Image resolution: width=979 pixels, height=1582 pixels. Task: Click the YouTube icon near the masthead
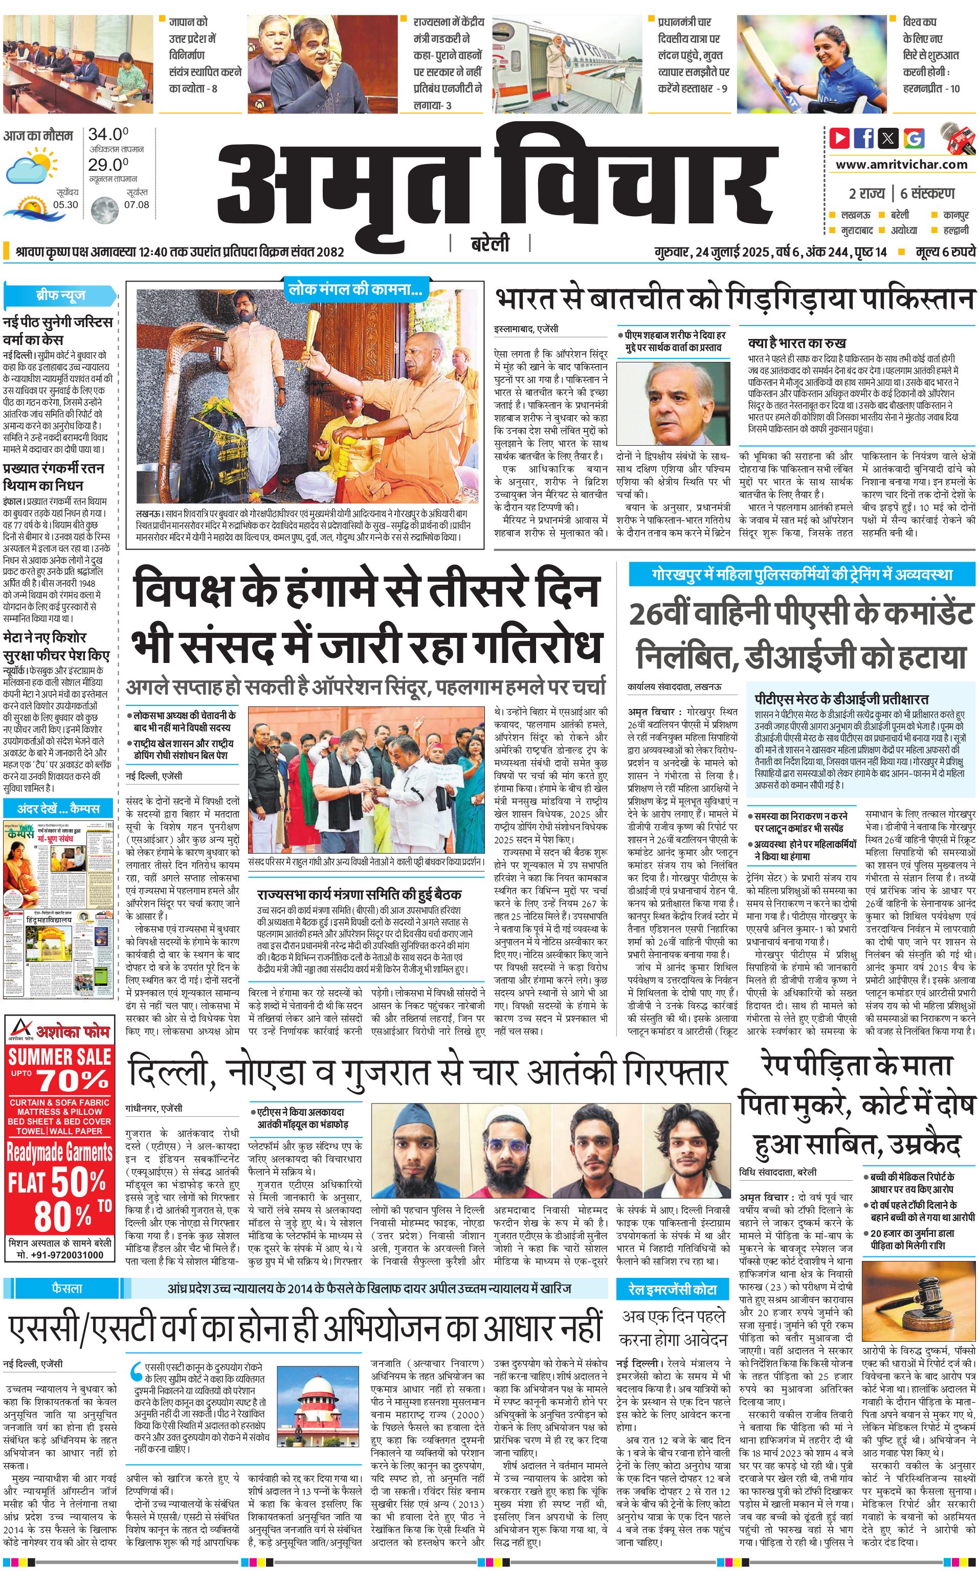[839, 138]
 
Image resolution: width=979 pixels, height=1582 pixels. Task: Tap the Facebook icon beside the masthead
[864, 138]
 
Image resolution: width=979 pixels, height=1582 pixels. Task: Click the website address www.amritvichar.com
[901, 165]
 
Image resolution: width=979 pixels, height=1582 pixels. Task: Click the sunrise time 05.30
[65, 204]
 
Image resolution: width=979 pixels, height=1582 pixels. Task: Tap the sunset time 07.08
[137, 204]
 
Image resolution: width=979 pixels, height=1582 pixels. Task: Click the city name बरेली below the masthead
[489, 244]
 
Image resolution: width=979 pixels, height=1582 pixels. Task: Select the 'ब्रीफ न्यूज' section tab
[60, 295]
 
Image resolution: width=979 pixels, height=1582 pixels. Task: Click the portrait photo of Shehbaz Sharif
[674, 403]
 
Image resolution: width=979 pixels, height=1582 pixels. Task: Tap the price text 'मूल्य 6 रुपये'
[945, 251]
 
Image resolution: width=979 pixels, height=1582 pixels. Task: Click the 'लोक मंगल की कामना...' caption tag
[355, 290]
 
